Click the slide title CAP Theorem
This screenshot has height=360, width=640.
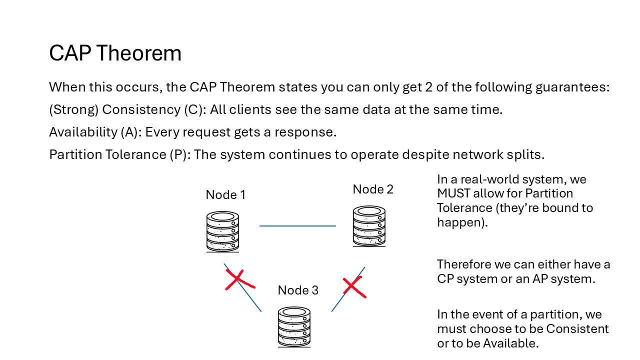click(115, 53)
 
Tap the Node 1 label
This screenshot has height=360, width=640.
click(225, 195)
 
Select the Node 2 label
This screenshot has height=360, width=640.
click(373, 189)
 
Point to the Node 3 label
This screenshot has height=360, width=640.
click(298, 290)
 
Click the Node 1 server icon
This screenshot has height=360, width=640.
click(222, 231)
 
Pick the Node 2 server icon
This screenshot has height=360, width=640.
click(369, 226)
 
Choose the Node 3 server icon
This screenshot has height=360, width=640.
click(294, 326)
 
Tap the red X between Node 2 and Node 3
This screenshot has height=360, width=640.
click(354, 287)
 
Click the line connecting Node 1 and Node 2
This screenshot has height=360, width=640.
click(297, 226)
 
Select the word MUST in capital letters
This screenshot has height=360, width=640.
click(454, 193)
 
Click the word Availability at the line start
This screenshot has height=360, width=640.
click(82, 132)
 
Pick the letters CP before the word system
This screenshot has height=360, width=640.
click(445, 278)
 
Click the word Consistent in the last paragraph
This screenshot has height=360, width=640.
click(577, 329)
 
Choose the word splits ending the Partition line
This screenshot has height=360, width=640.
click(527, 154)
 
